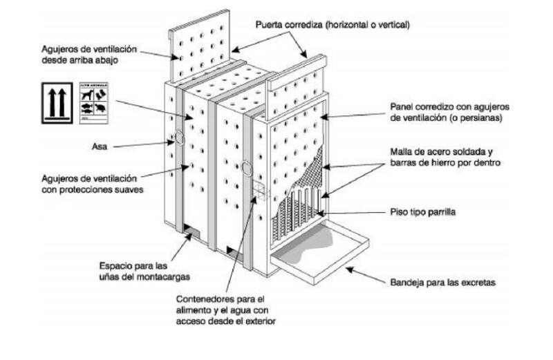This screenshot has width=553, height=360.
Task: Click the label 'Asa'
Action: pyautogui.click(x=99, y=146)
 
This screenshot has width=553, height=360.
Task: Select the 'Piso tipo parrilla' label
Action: pyautogui.click(x=422, y=212)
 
